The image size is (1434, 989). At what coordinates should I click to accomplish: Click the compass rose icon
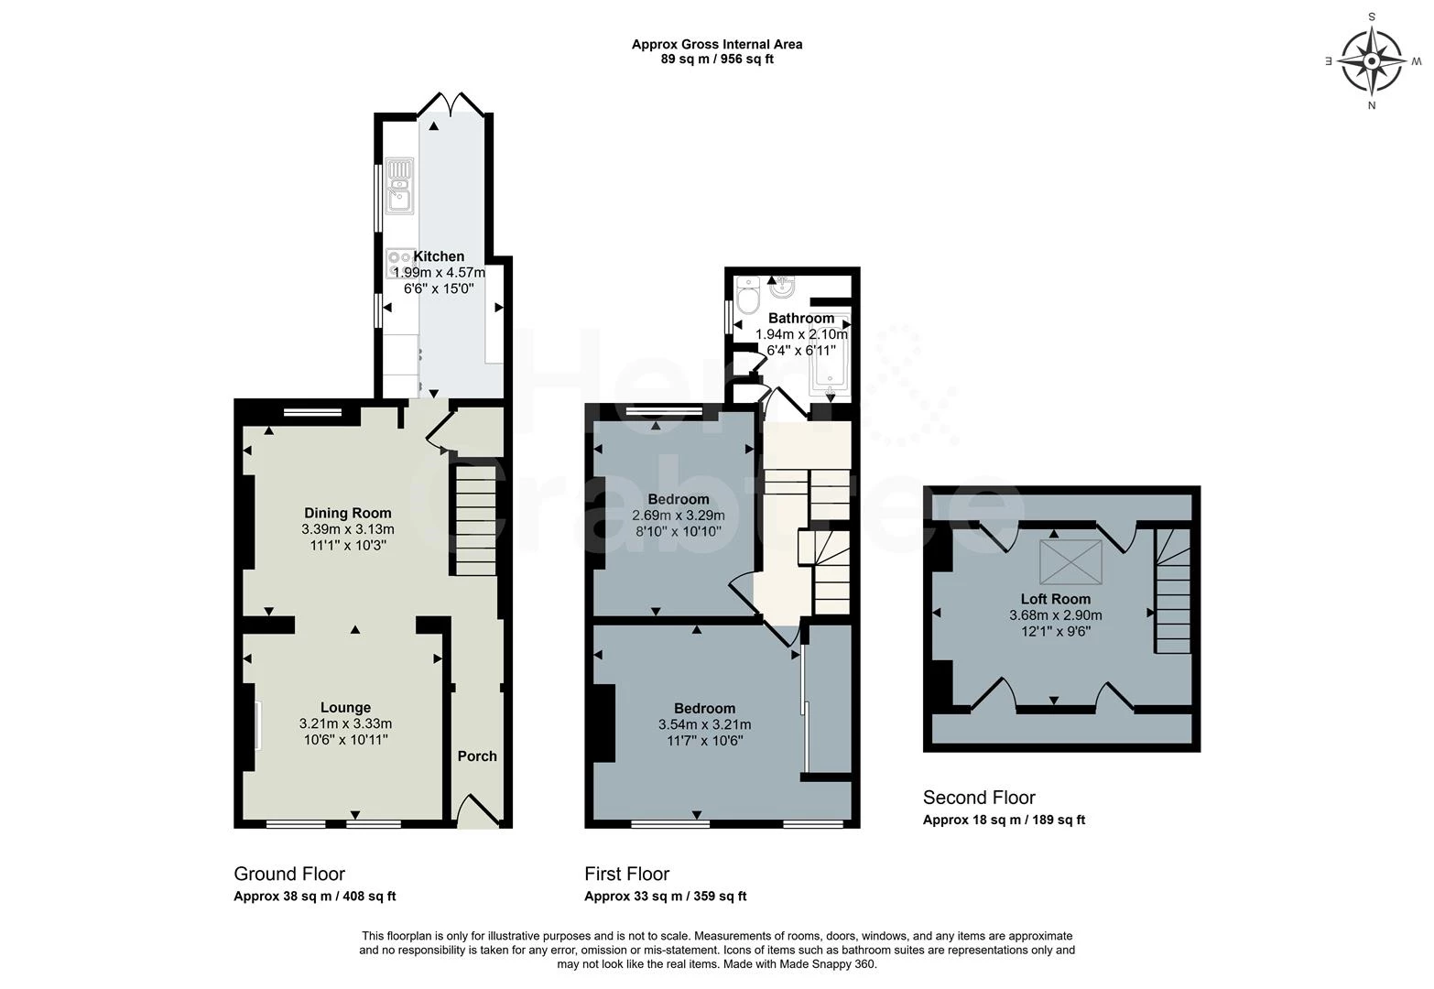tap(1372, 61)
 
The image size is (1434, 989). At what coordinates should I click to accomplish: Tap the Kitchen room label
tap(439, 256)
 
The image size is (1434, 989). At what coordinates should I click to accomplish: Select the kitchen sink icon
tap(399, 186)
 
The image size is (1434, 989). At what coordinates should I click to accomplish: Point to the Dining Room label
tap(347, 513)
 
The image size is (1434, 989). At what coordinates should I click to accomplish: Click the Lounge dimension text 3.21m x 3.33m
tap(345, 723)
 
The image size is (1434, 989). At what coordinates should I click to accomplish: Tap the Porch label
tap(477, 755)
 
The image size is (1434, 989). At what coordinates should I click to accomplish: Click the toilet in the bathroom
tap(746, 297)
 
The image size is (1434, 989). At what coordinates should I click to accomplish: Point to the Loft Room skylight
tap(1070, 560)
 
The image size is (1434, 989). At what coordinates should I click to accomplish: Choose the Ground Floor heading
tap(289, 874)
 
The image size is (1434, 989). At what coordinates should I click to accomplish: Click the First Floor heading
tap(627, 874)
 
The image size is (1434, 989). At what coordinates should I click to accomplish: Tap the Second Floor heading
tap(979, 797)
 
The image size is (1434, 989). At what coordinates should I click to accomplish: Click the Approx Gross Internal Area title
tap(717, 44)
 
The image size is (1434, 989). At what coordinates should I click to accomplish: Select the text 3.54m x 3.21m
tap(704, 724)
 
